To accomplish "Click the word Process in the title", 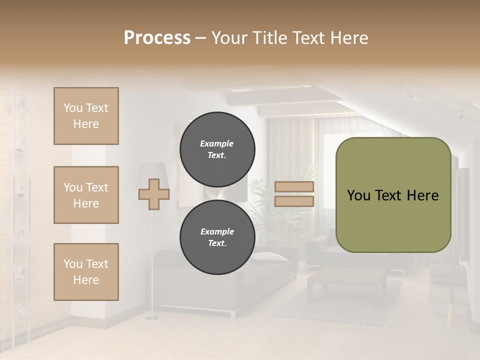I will click(x=157, y=38).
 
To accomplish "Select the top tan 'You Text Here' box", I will click(x=86, y=116).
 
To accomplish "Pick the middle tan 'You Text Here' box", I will click(x=86, y=195).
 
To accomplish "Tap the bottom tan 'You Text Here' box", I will click(x=86, y=272).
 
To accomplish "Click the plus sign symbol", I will click(x=153, y=194).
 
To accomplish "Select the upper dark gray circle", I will click(x=217, y=149).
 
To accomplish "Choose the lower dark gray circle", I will click(x=217, y=237).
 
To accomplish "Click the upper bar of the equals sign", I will click(x=294, y=187).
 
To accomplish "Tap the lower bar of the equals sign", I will click(x=294, y=201).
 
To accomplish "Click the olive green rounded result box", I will click(x=393, y=195).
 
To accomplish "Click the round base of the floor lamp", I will click(x=149, y=317).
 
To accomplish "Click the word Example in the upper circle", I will click(x=216, y=143).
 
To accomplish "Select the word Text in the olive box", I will click(x=392, y=195).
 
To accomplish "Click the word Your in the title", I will click(x=228, y=38).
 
